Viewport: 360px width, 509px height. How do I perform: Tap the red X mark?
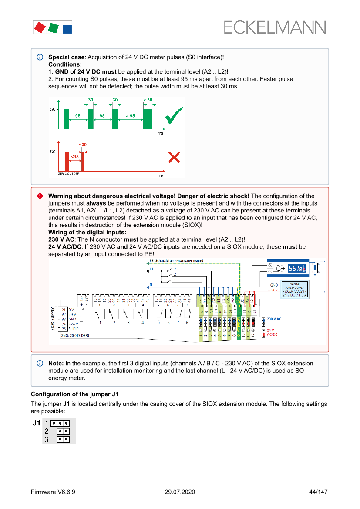174,157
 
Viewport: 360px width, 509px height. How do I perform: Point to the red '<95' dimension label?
75,156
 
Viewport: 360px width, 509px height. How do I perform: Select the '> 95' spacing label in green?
130,116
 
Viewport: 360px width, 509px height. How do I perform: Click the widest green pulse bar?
148,119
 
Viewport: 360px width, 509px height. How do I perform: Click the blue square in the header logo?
67,29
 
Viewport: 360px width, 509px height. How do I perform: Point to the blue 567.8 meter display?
296,269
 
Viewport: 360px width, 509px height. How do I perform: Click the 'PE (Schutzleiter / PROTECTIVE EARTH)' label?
176,261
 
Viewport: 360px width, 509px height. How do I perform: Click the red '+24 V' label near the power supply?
273,290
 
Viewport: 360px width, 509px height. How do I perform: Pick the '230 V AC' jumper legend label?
274,319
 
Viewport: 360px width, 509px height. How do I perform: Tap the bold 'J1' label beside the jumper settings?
37,422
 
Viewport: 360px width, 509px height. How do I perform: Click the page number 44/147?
318,492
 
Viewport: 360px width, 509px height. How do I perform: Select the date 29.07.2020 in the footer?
180,492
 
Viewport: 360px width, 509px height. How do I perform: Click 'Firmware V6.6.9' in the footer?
53,492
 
